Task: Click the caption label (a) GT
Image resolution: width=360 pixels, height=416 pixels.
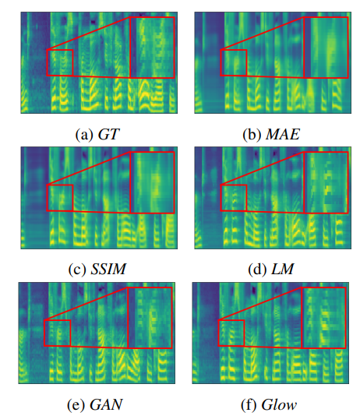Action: [95, 133]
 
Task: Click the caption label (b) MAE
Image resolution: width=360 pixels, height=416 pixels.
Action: [270, 133]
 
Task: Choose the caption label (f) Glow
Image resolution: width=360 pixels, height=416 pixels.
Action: [270, 404]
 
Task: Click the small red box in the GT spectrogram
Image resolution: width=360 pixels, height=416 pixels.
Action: [60, 63]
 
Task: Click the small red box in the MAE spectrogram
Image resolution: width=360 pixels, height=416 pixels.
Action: [234, 63]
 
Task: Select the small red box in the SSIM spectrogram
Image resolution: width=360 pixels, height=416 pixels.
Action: [60, 198]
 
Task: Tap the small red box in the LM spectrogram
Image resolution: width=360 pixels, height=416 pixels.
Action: [234, 198]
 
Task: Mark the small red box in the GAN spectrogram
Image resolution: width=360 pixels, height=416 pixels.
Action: [57, 333]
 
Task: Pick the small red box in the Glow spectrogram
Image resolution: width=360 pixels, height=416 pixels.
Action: [232, 333]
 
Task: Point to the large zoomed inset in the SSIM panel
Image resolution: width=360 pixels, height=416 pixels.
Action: [151, 182]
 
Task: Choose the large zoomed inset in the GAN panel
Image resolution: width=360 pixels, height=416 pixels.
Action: [149, 317]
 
